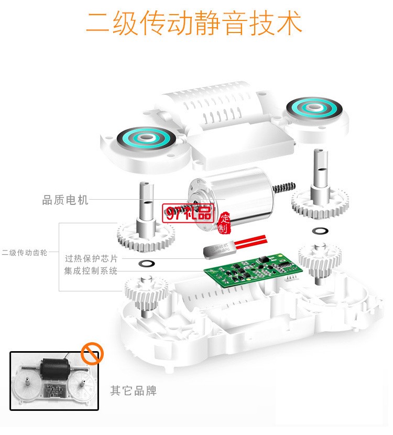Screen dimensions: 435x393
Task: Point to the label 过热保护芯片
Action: point(92,258)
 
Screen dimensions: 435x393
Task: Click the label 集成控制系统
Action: point(91,271)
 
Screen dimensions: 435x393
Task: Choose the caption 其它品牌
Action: point(133,390)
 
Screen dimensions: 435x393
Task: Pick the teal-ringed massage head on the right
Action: point(314,109)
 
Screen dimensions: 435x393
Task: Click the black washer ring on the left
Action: point(147,263)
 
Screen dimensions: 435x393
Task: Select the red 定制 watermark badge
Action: point(224,223)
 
